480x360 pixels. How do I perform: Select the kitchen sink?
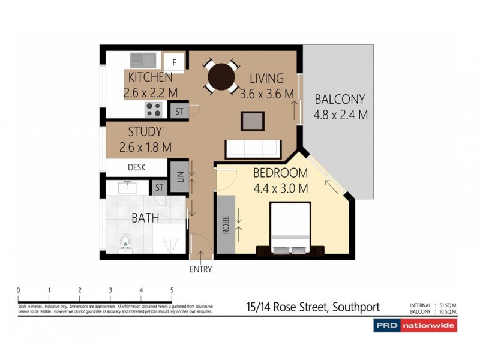(142, 60)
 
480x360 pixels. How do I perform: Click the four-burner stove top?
(154, 109)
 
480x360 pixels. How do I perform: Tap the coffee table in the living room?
(253, 121)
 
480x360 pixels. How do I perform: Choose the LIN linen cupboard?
(179, 176)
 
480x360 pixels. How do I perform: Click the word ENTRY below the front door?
(200, 269)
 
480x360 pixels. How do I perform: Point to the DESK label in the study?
(137, 167)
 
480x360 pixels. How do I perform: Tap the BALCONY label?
(340, 100)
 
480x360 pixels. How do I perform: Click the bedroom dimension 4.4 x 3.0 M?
(280, 188)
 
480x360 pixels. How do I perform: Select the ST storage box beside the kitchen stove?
(179, 111)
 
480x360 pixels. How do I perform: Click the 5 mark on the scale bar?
(172, 290)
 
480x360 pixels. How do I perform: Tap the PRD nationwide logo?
(415, 325)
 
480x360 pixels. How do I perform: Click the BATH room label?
(145, 217)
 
